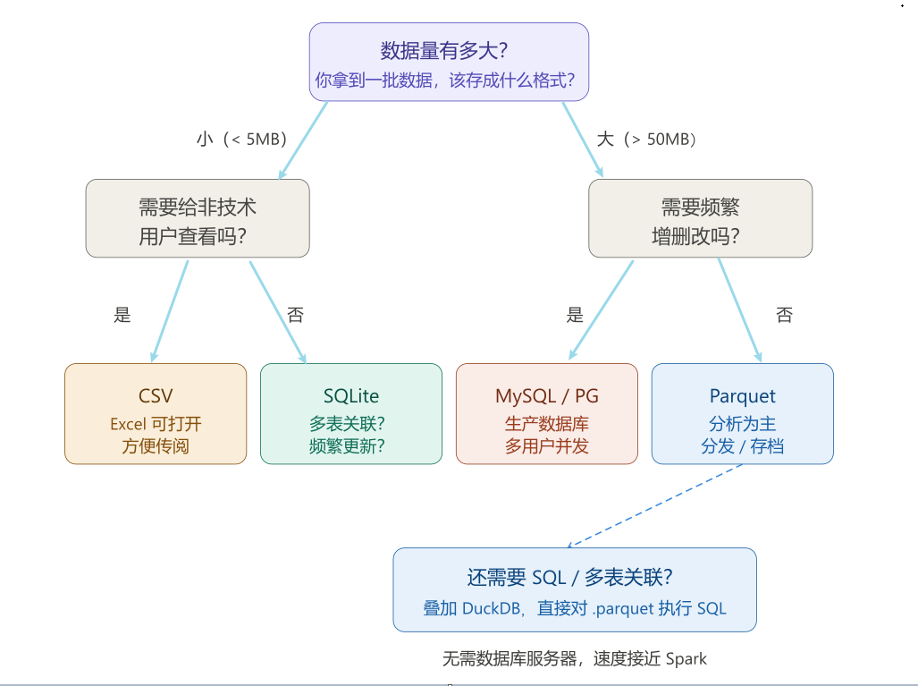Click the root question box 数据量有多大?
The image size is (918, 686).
tap(449, 61)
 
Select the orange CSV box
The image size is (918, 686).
tap(156, 413)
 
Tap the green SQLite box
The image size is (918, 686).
tap(351, 413)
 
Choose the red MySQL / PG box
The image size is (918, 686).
tap(547, 413)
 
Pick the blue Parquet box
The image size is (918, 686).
tap(743, 413)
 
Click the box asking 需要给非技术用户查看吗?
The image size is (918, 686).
tap(198, 219)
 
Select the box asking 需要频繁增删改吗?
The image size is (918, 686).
tap(701, 219)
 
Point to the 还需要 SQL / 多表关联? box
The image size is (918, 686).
tap(575, 590)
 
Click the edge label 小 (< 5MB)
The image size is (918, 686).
tap(241, 139)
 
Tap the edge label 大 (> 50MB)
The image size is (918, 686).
tap(646, 139)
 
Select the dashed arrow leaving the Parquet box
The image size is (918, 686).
tap(655, 505)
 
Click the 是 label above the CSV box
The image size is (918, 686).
tap(122, 314)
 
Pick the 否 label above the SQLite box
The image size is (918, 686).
tap(295, 314)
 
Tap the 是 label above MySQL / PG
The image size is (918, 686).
tap(575, 314)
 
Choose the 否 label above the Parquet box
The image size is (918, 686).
tap(784, 314)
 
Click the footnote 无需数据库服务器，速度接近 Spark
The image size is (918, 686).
tap(575, 659)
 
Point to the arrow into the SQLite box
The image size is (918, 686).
tap(277, 310)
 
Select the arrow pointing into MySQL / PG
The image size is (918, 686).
tap(602, 310)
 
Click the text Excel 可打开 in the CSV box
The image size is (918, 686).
tap(156, 424)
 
